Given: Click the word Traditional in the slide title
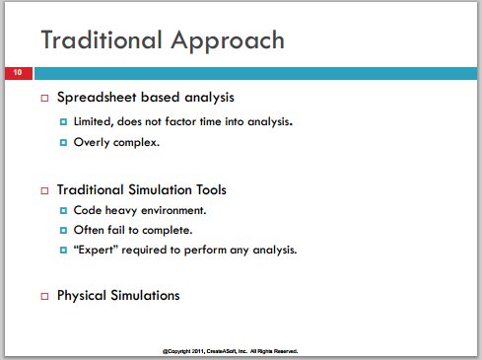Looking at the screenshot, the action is pyautogui.click(x=102, y=39).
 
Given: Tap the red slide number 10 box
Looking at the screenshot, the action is pyautogui.click(x=19, y=73).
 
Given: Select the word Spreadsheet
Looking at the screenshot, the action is pyautogui.click(x=97, y=98).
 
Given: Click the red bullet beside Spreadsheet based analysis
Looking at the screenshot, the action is pyautogui.click(x=44, y=98).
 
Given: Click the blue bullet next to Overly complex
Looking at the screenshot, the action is pyautogui.click(x=63, y=142).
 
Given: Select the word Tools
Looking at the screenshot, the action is pyautogui.click(x=211, y=190).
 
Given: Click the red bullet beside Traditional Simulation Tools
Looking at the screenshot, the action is pyautogui.click(x=44, y=190).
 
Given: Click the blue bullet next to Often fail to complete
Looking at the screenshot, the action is pyautogui.click(x=63, y=230).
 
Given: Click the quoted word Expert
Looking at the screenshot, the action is pyautogui.click(x=96, y=250).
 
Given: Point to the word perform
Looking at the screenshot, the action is pyautogui.click(x=205, y=251).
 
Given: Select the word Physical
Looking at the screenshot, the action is pyautogui.click(x=82, y=296).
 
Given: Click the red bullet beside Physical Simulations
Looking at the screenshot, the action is pyautogui.click(x=44, y=296).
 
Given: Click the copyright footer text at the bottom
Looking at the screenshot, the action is pyautogui.click(x=230, y=351).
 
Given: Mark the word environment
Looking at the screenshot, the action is pyautogui.click(x=173, y=210).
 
